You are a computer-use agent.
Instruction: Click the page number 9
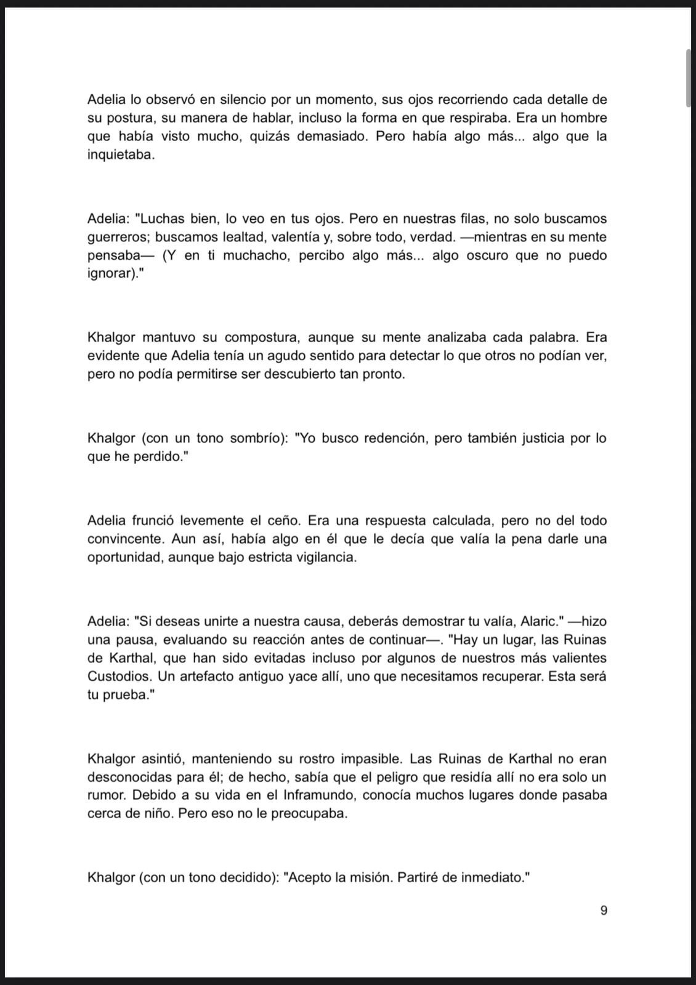point(604,910)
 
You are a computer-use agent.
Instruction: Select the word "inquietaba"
point(119,155)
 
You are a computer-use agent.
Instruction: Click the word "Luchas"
point(161,219)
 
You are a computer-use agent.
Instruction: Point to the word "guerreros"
point(118,237)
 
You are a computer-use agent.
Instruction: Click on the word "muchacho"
point(257,255)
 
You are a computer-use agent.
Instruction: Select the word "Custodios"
point(119,676)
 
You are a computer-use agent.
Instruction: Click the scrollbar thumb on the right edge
point(689,79)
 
